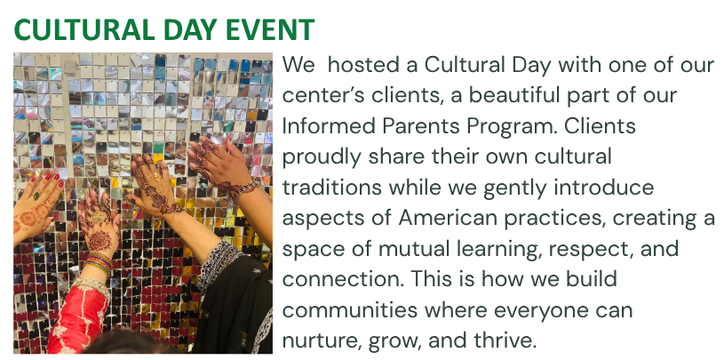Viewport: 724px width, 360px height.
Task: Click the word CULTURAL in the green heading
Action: coord(84,29)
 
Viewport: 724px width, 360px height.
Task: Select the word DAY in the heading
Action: coord(190,29)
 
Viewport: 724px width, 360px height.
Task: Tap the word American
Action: coord(447,218)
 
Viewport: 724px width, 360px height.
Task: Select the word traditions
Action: coord(331,188)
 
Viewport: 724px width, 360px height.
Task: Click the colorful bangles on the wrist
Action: coord(99,263)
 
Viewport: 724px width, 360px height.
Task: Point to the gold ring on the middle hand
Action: coord(156,175)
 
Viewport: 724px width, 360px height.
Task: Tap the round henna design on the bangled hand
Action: coord(100,241)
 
